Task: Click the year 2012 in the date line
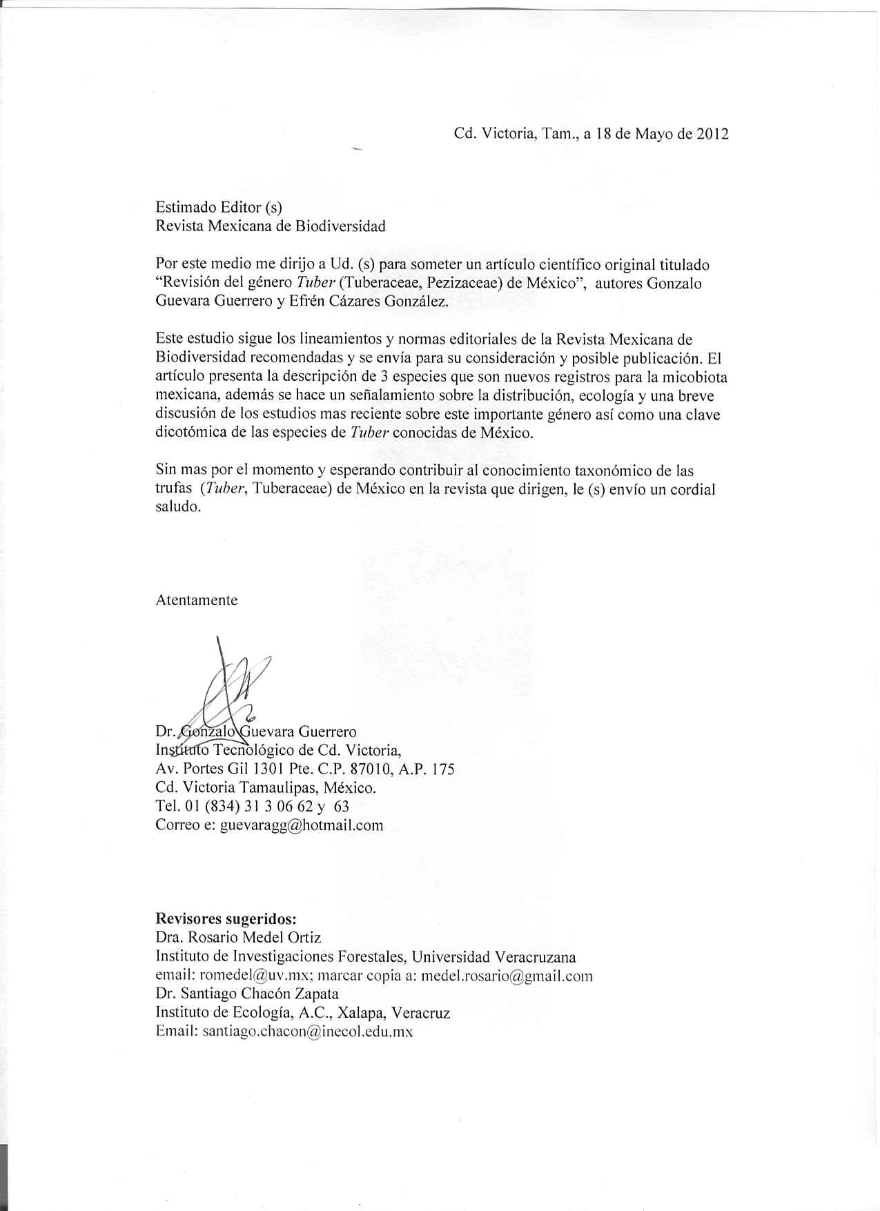tap(712, 134)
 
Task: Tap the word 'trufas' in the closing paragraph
tap(174, 489)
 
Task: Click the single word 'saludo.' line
tap(178, 507)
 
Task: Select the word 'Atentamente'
tap(197, 600)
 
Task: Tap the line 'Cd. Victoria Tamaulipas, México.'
tap(266, 788)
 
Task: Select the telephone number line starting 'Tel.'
tap(253, 807)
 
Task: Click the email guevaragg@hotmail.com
tap(301, 825)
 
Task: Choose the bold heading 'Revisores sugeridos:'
tap(226, 919)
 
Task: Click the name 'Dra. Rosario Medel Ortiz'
tap(238, 938)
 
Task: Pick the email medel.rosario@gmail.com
tap(507, 976)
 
